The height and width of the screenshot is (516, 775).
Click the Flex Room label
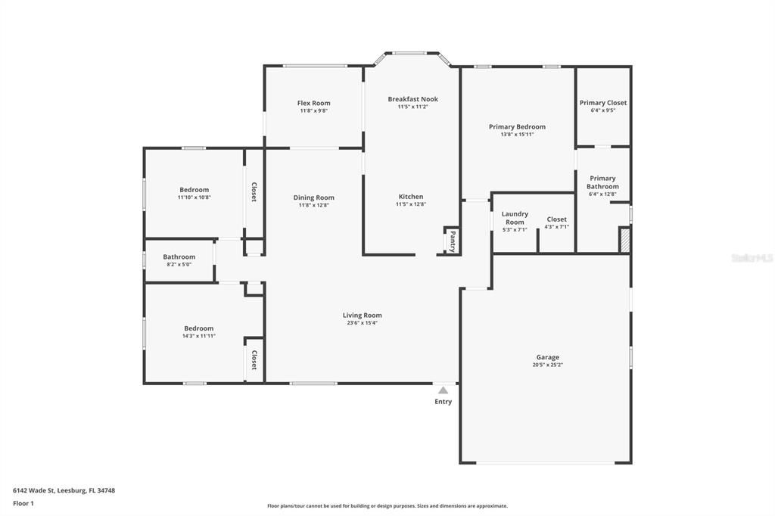pyautogui.click(x=313, y=103)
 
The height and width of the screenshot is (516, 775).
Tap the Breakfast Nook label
pyautogui.click(x=412, y=99)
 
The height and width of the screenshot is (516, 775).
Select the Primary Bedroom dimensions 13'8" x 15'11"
pyautogui.click(x=517, y=135)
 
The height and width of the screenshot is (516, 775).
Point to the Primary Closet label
pyautogui.click(x=603, y=103)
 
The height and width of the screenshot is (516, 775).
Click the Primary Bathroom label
pyautogui.click(x=602, y=182)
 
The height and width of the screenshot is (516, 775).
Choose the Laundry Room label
pyautogui.click(x=515, y=218)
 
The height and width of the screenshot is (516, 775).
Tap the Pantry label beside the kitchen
pyautogui.click(x=453, y=241)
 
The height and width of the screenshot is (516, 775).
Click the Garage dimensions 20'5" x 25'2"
pyautogui.click(x=547, y=365)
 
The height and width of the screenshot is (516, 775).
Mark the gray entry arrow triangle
pyautogui.click(x=443, y=390)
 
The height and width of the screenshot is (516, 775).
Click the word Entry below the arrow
pyautogui.click(x=443, y=402)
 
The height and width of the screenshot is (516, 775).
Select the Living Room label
pyautogui.click(x=362, y=315)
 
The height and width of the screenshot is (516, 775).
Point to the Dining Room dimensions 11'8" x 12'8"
pyautogui.click(x=313, y=205)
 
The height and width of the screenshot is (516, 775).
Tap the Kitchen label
pyautogui.click(x=411, y=197)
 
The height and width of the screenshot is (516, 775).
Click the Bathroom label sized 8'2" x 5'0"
pyautogui.click(x=179, y=256)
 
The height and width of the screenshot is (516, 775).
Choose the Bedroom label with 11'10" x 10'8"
pyautogui.click(x=194, y=190)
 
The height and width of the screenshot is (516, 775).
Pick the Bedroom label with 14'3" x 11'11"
pyautogui.click(x=198, y=328)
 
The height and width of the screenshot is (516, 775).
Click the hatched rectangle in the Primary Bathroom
pyautogui.click(x=624, y=241)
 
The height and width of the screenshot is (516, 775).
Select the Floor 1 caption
pyautogui.click(x=23, y=502)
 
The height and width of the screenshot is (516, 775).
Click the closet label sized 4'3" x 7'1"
pyautogui.click(x=556, y=219)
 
